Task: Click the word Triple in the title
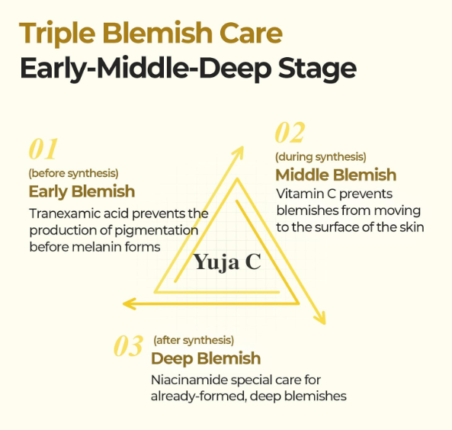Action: pyautogui.click(x=57, y=34)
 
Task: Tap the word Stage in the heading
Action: pyautogui.click(x=317, y=69)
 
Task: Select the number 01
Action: pyautogui.click(x=43, y=149)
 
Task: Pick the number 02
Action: pyautogui.click(x=290, y=133)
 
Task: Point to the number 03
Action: pyautogui.click(x=128, y=345)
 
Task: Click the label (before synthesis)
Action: pyautogui.click(x=73, y=173)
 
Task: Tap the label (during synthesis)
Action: pyautogui.click(x=321, y=157)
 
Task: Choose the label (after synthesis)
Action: pyautogui.click(x=194, y=340)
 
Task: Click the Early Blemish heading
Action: pyautogui.click(x=82, y=191)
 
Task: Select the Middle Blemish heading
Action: pyautogui.click(x=336, y=175)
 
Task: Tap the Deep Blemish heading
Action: pyautogui.click(x=206, y=358)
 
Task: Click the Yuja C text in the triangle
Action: pyautogui.click(x=227, y=262)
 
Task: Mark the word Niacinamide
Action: pyautogui.click(x=189, y=380)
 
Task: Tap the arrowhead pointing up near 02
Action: pyautogui.click(x=239, y=152)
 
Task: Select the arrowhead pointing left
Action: pyautogui.click(x=129, y=303)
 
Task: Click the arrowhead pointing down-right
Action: pyautogui.click(x=320, y=318)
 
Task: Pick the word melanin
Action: pyautogui.click(x=97, y=247)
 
